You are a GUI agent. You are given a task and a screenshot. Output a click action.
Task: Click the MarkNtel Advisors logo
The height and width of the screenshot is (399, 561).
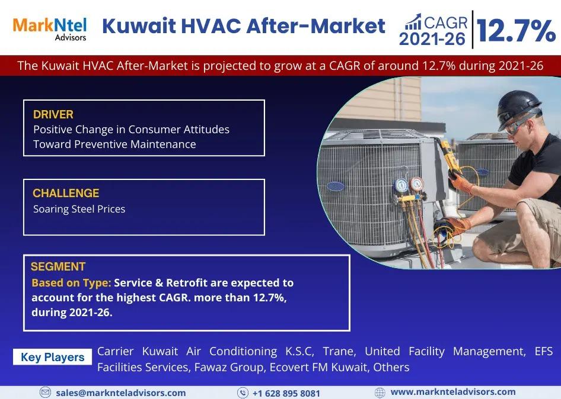point(50,29)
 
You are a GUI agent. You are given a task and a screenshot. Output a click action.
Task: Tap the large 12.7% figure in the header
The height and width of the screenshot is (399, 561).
point(516,30)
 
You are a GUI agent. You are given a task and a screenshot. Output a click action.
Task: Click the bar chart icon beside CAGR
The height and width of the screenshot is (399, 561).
point(413,22)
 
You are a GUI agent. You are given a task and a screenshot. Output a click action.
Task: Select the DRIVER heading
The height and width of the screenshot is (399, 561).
point(53,114)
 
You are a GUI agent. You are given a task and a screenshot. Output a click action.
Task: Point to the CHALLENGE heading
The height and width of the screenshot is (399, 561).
point(66,193)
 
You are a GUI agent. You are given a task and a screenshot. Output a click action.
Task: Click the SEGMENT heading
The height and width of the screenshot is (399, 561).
point(58,266)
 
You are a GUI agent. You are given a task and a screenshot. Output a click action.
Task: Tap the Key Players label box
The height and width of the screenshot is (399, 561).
point(53,357)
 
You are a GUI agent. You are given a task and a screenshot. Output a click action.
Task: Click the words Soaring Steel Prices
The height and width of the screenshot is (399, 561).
point(79,209)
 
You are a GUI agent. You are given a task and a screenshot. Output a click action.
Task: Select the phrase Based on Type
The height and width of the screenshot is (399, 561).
point(71,283)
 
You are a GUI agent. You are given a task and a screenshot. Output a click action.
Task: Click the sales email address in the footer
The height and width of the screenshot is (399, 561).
point(121,393)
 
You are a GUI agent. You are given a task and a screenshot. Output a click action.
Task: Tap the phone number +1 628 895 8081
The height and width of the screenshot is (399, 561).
point(286,393)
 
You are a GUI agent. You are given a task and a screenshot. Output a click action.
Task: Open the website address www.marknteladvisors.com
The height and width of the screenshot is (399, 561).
point(453,392)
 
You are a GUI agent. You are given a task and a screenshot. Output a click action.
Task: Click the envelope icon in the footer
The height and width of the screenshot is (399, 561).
point(45,392)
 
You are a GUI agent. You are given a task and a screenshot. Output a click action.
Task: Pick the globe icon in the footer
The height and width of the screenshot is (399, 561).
point(380,392)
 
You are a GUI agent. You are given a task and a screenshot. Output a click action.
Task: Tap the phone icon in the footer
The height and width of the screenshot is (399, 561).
point(243,393)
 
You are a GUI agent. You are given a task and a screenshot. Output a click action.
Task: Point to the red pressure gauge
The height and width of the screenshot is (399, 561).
point(417,185)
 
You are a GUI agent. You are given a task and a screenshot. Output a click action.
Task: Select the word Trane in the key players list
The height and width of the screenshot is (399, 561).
point(339,352)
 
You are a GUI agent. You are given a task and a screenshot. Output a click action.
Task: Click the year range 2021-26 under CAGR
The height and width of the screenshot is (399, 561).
point(432,38)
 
